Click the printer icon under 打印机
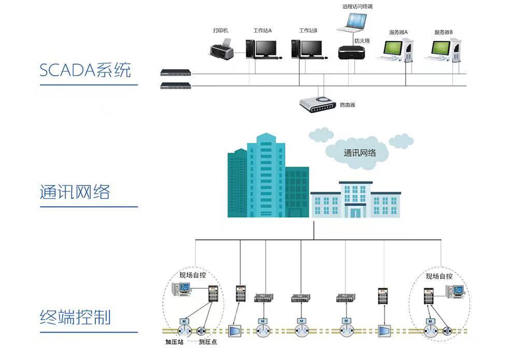tap(222, 48)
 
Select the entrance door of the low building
tap(355, 211)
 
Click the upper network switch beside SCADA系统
tap(176, 73)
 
